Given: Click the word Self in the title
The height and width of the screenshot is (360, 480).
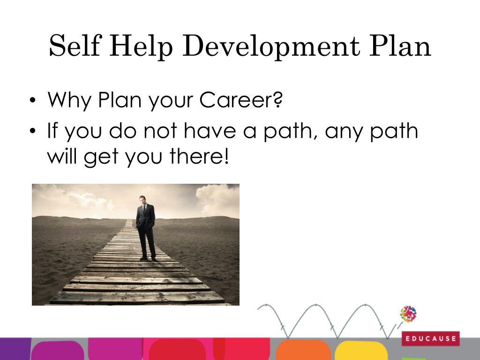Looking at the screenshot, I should tap(75, 47).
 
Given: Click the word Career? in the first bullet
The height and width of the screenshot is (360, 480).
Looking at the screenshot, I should tap(241, 100).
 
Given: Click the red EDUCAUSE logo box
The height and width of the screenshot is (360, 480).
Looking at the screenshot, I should tap(430, 338).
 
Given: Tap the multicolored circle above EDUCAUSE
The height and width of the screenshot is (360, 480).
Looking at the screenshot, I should tap(408, 314).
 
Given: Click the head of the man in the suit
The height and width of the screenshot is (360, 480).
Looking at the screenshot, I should tap(144, 199).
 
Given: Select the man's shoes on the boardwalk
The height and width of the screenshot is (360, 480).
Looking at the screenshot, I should tap(149, 258).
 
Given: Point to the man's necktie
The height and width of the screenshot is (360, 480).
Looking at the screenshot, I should tap(145, 210).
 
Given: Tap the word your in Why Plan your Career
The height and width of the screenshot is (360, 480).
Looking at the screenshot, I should tap(169, 101).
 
